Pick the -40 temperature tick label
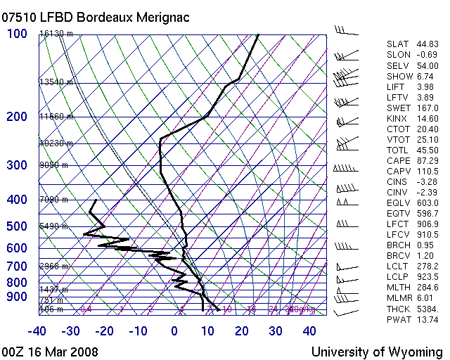pyautogui.click(x=37, y=331)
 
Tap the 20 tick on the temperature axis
pyautogui.click(x=242, y=331)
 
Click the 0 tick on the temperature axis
pyautogui.click(x=174, y=331)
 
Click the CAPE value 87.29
pyautogui.click(x=427, y=160)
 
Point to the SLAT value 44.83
pyautogui.click(x=427, y=44)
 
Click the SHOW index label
pyautogui.click(x=399, y=76)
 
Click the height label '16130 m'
pyautogui.click(x=56, y=34)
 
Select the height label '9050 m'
pyautogui.click(x=53, y=165)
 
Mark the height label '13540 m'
pyautogui.click(x=56, y=82)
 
